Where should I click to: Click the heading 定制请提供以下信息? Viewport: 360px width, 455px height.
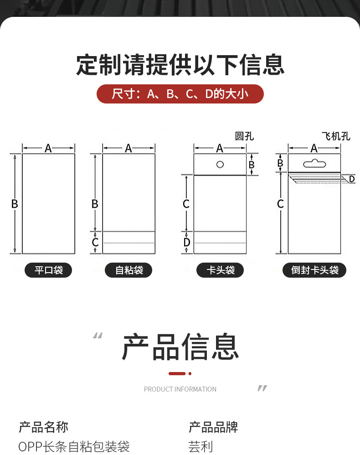(180, 65)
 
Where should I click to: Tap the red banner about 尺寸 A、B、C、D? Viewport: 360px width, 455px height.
(180, 94)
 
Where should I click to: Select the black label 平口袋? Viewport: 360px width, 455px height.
(48, 270)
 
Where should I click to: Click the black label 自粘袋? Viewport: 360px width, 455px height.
(129, 270)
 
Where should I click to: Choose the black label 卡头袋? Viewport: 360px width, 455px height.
(220, 270)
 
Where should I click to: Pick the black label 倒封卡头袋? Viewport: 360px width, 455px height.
(314, 270)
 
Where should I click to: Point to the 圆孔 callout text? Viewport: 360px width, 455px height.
(244, 136)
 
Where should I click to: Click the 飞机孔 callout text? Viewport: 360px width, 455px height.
(336, 136)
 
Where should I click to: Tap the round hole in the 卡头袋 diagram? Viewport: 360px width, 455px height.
(220, 164)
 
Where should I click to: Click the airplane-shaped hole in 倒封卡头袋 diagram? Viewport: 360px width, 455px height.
(314, 162)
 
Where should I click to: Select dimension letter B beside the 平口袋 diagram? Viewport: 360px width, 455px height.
(15, 204)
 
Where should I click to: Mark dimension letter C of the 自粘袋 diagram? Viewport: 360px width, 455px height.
(95, 242)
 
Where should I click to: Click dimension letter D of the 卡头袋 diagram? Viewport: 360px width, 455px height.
(186, 242)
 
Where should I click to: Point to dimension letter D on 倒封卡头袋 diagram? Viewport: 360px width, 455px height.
(351, 179)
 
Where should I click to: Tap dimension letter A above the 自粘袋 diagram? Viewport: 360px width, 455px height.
(129, 148)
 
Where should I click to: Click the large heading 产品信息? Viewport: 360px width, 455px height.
(180, 347)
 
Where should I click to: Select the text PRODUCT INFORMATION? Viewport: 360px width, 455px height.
(180, 389)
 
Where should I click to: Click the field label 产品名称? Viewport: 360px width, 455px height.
(43, 427)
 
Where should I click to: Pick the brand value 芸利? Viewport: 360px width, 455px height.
(201, 446)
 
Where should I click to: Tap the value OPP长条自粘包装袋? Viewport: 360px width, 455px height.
(74, 446)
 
